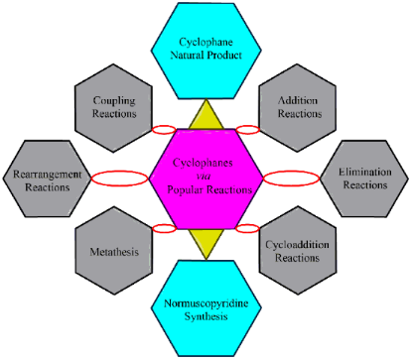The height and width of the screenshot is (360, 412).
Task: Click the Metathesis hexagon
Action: tap(114, 250)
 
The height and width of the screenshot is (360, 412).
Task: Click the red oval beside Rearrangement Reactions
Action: tap(117, 179)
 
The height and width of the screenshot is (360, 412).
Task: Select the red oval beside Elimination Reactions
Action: tap(294, 178)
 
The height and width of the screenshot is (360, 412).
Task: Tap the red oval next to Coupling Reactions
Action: tap(165, 129)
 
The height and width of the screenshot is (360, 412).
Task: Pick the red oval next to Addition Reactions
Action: tap(247, 129)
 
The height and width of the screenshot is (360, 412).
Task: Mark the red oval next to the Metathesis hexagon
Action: tap(165, 227)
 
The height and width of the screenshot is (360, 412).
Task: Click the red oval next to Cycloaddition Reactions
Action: tap(247, 227)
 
